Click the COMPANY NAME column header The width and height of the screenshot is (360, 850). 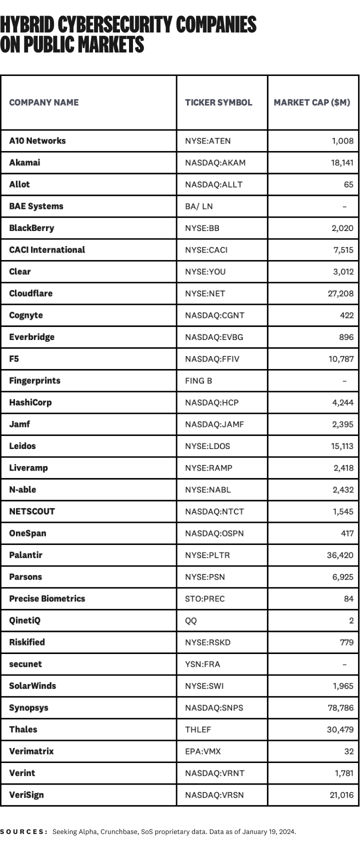click(44, 102)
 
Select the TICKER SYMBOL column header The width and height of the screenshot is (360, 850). click(218, 102)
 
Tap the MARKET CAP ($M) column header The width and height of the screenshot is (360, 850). click(312, 102)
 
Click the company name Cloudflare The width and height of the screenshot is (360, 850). click(30, 293)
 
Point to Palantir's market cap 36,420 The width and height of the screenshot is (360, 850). click(340, 555)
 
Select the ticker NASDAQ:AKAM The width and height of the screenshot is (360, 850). click(215, 162)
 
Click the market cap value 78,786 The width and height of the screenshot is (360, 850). click(340, 707)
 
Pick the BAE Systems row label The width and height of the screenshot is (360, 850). click(36, 206)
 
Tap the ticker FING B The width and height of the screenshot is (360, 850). click(198, 380)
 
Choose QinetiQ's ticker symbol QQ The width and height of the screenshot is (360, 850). click(191, 620)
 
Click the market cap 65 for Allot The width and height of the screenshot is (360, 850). click(348, 184)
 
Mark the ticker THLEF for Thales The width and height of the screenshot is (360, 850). click(198, 729)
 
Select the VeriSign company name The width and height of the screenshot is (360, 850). click(26, 794)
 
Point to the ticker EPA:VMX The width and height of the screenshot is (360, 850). click(202, 751)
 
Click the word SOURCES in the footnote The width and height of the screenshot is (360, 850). click(23, 832)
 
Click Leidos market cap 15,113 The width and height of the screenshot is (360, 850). click(342, 446)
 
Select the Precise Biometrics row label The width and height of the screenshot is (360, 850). click(47, 598)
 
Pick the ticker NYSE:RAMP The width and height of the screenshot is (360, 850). click(208, 468)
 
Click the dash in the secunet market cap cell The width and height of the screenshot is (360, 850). click(344, 664)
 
